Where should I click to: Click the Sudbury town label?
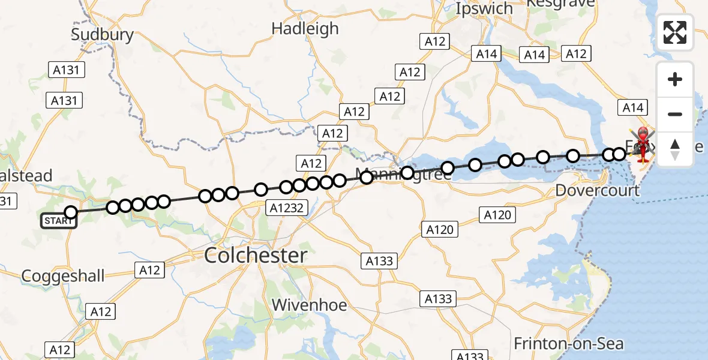(x=102, y=34)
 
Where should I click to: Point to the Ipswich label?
(x=484, y=9)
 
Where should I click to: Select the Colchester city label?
(x=256, y=256)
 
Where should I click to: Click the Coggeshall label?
(x=63, y=276)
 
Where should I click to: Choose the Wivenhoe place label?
(x=309, y=305)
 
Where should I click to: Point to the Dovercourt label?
(x=596, y=191)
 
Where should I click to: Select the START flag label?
(x=59, y=221)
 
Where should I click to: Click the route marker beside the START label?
(x=71, y=212)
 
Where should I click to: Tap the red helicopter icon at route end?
(x=643, y=144)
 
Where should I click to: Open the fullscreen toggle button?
(x=675, y=32)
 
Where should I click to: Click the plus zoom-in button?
(x=675, y=79)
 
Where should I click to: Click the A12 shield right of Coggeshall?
(x=149, y=270)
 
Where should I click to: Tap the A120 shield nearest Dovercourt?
(x=497, y=215)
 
